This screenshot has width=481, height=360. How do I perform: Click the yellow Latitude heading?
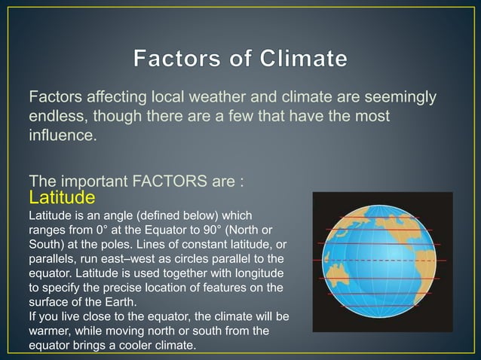(x=61, y=198)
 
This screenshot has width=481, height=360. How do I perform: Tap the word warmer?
(x=51, y=331)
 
